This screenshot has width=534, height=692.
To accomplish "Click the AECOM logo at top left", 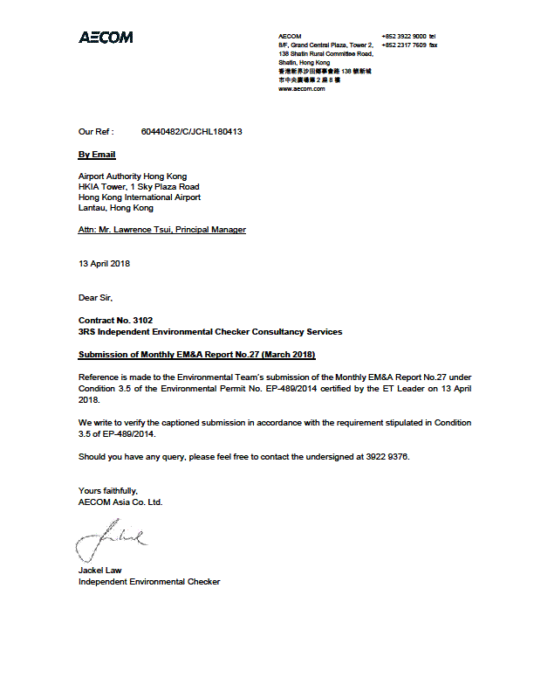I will click(106, 38).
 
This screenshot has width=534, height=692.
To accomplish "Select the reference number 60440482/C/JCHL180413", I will click(191, 132).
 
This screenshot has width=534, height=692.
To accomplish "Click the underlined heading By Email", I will click(97, 155).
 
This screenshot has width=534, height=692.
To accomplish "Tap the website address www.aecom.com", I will click(301, 89).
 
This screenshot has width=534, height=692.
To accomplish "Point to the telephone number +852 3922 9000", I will click(403, 36).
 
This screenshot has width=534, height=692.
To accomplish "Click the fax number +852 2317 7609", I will click(403, 45).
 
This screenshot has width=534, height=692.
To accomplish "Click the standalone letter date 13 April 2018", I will click(104, 264).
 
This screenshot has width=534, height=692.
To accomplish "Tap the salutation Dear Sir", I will click(95, 298).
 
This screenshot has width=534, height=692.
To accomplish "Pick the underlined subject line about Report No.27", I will click(196, 355).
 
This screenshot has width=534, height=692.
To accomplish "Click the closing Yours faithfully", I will click(107, 491).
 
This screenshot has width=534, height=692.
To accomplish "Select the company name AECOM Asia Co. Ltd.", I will click(120, 502).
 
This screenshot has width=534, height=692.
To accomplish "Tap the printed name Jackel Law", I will click(100, 571).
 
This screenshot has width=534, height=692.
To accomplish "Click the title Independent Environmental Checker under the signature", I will click(149, 582).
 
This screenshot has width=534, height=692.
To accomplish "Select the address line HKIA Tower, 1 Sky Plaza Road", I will click(139, 187).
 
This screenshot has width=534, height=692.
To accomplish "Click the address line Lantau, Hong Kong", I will click(115, 208).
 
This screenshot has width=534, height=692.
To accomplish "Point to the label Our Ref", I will click(96, 132).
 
